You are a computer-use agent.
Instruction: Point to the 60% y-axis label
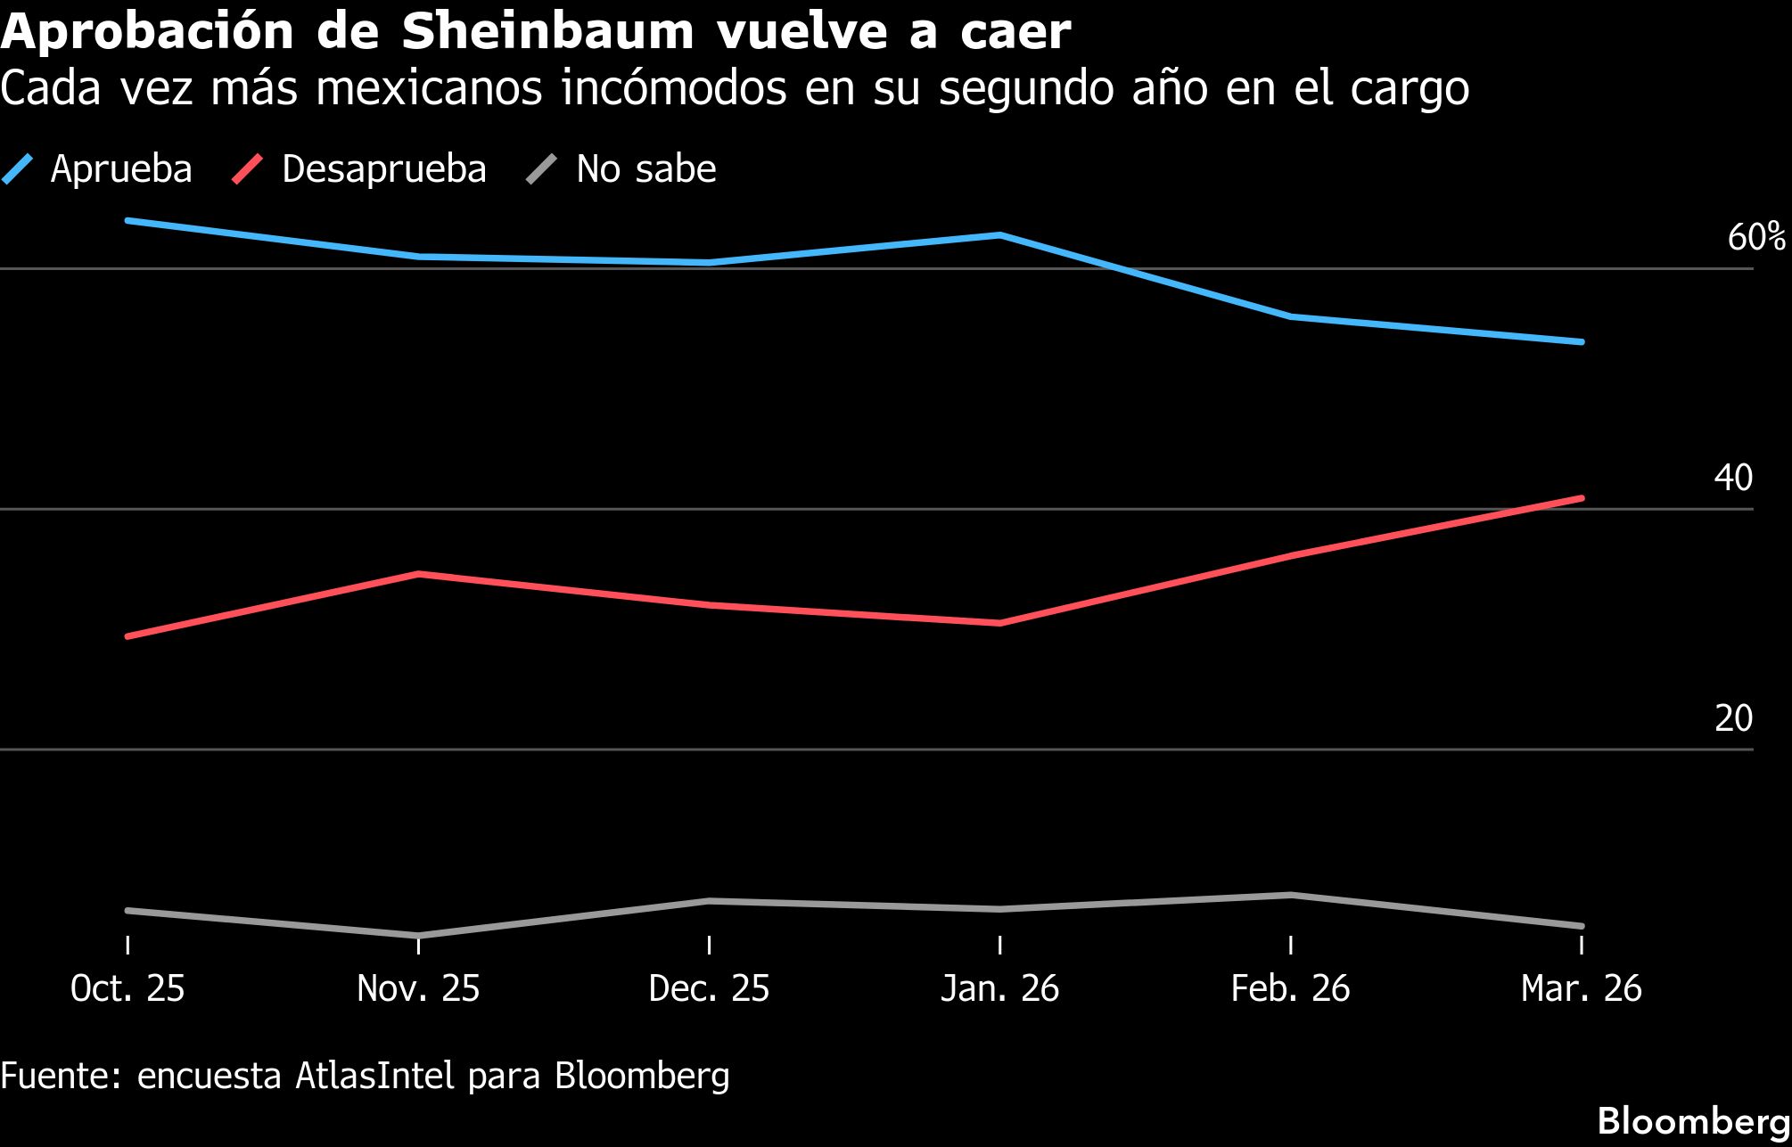tap(1755, 237)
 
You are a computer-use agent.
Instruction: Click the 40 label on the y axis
tap(1733, 479)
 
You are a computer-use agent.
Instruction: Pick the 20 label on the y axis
tap(1733, 718)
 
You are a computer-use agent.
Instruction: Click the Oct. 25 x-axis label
tap(127, 988)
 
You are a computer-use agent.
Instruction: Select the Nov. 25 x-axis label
tap(418, 988)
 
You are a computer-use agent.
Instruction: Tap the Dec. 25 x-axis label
tap(709, 988)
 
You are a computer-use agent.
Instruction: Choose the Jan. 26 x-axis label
tap(999, 988)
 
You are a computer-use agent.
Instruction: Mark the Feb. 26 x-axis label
tap(1290, 988)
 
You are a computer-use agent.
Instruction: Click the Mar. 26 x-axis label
tap(1581, 988)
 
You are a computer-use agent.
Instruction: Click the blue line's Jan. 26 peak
tap(999, 235)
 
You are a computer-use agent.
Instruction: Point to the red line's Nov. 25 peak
tap(418, 574)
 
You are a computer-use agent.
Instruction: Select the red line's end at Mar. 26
tap(1582, 498)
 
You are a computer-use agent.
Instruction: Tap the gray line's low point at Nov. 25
tap(418, 935)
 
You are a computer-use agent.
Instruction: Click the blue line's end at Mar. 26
tap(1582, 341)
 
